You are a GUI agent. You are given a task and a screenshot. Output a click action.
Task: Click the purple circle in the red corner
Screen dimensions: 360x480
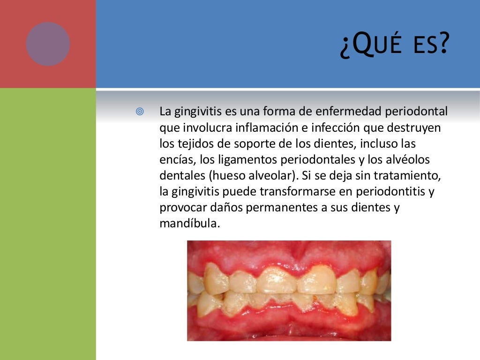(48, 44)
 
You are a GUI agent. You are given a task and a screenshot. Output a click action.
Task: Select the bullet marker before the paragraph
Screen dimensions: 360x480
(139, 112)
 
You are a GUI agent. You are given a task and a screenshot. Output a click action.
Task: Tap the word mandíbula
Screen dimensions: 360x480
(189, 224)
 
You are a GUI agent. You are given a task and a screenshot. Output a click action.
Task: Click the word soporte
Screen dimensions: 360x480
(240, 144)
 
